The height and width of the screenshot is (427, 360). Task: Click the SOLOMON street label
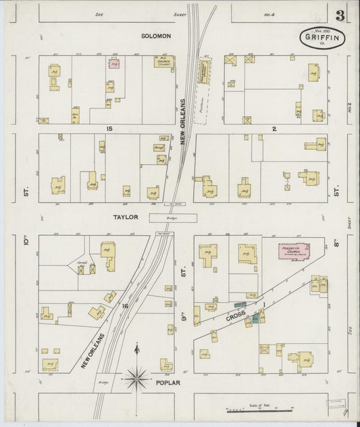(x=156, y=35)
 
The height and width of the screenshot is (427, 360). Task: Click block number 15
(x=107, y=128)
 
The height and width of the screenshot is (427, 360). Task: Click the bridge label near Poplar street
(x=103, y=382)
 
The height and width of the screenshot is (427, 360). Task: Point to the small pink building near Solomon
(x=114, y=63)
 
